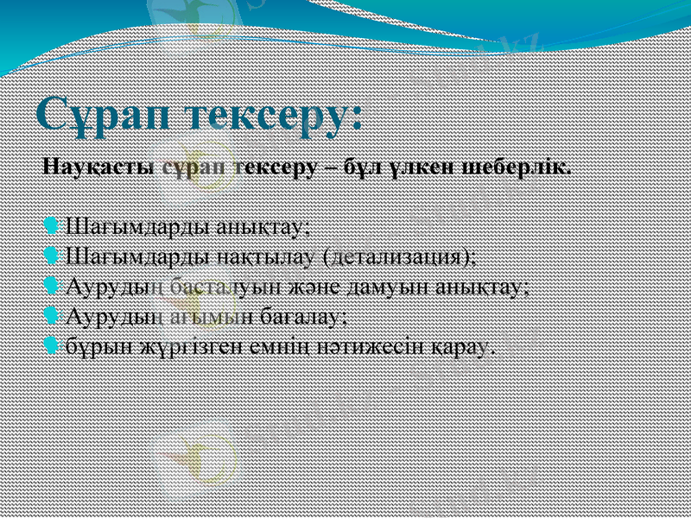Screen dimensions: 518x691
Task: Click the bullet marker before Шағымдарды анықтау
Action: point(51,227)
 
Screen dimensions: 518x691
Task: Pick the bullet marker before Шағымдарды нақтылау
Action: point(51,256)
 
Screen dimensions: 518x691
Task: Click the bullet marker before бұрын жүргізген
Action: point(51,345)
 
